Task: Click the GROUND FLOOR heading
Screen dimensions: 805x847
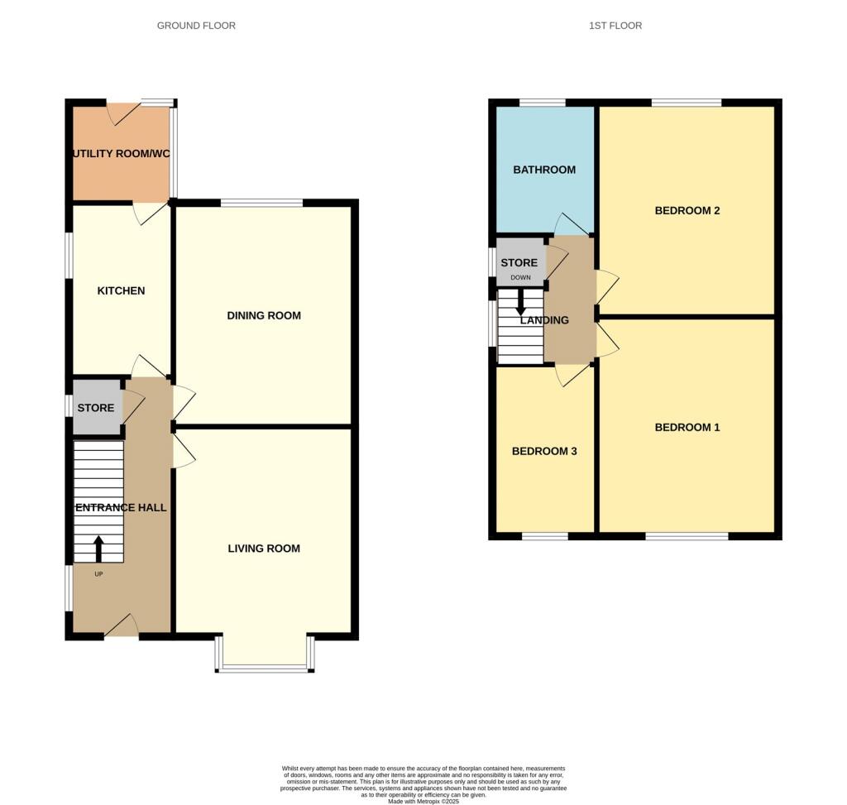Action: (x=196, y=26)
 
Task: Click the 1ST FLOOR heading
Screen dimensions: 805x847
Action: (x=615, y=26)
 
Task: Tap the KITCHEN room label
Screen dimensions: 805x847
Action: (x=121, y=290)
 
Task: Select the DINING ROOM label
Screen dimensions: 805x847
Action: (x=264, y=315)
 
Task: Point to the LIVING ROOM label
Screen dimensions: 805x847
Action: (x=264, y=549)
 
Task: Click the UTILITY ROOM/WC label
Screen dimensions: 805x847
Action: (x=121, y=154)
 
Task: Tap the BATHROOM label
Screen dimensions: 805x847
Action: (x=544, y=170)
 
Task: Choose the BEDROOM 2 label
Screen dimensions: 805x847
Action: (x=687, y=210)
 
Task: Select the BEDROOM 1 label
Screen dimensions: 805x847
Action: (x=687, y=427)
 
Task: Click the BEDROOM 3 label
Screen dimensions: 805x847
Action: (x=544, y=451)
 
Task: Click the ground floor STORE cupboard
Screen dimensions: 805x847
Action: (x=96, y=408)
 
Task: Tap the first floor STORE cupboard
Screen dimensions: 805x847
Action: (x=519, y=262)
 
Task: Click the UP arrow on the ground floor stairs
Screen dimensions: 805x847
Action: (x=99, y=548)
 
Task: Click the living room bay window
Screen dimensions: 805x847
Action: (x=265, y=666)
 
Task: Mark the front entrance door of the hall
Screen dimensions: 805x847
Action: (x=122, y=627)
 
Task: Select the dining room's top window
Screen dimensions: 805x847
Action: (x=261, y=203)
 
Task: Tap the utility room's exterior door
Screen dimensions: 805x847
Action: (x=123, y=113)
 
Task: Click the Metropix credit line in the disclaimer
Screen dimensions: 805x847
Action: (x=423, y=801)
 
